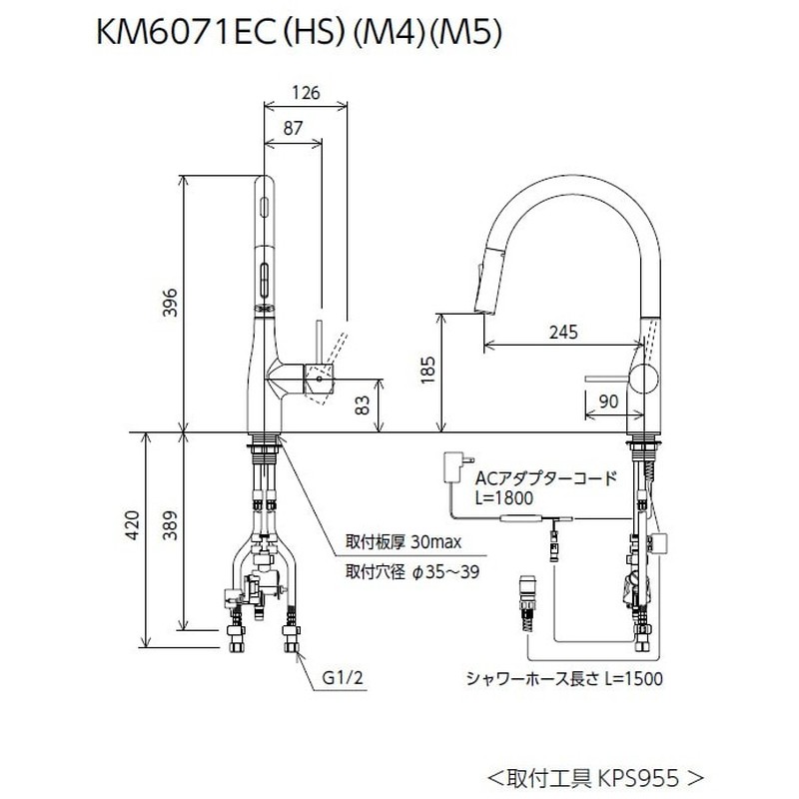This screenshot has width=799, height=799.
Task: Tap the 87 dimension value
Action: [x=292, y=127]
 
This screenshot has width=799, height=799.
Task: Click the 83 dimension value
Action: [x=364, y=406]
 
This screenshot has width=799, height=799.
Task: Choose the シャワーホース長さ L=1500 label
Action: [x=564, y=678]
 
